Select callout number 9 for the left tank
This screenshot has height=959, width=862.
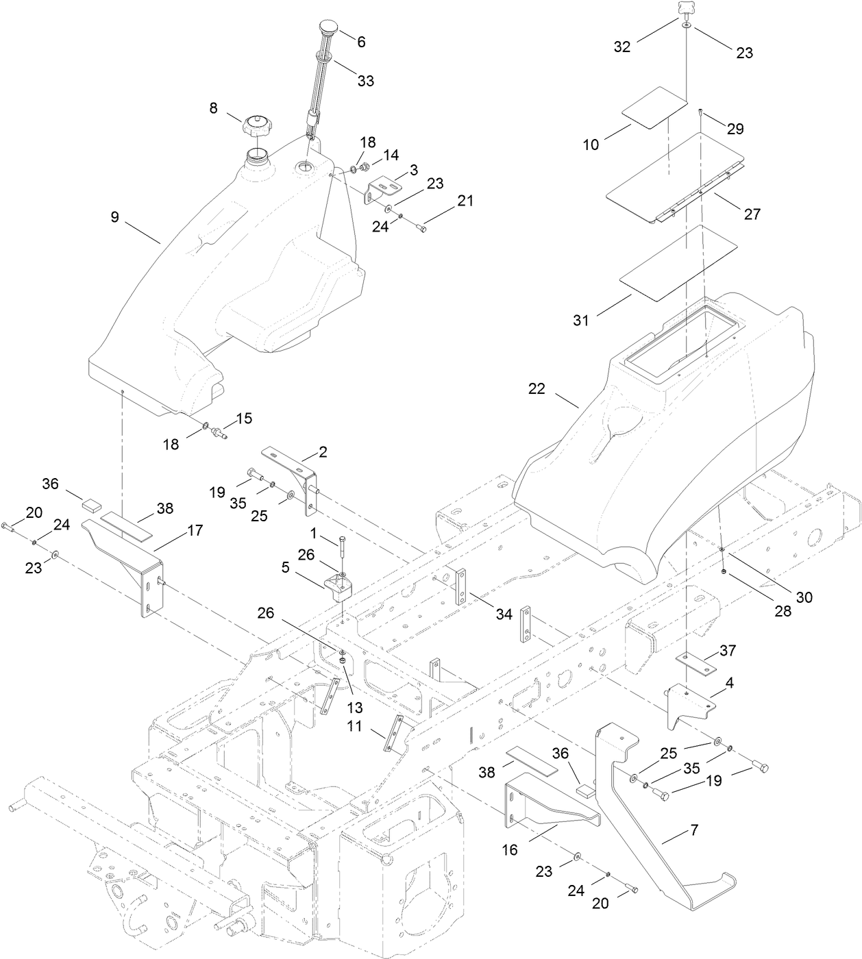pos(114,217)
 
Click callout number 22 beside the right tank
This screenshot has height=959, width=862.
pos(537,388)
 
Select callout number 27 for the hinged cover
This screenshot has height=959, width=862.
pos(752,214)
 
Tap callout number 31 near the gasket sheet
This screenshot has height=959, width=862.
pos(581,320)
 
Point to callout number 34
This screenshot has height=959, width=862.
pos(504,614)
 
